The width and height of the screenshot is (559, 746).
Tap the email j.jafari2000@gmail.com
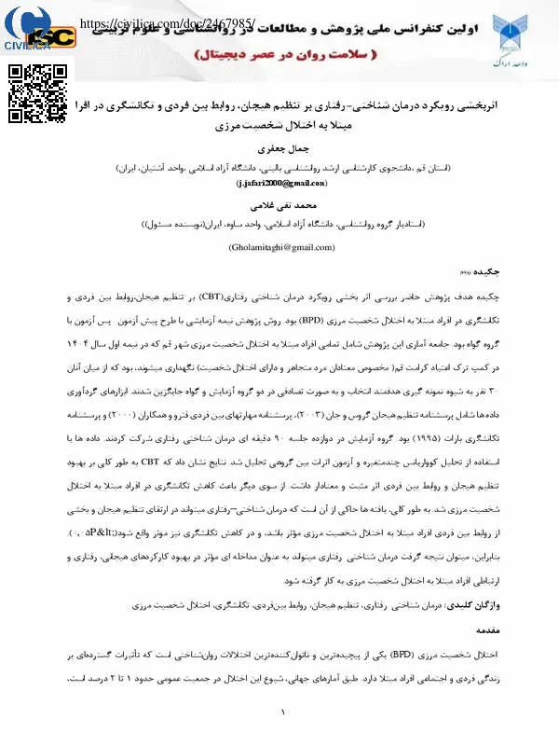(x=280, y=185)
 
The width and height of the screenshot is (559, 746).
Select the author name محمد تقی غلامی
(x=280, y=203)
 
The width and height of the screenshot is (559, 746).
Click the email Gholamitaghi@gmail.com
(x=280, y=247)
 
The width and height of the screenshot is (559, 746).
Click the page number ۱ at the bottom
(x=280, y=713)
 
